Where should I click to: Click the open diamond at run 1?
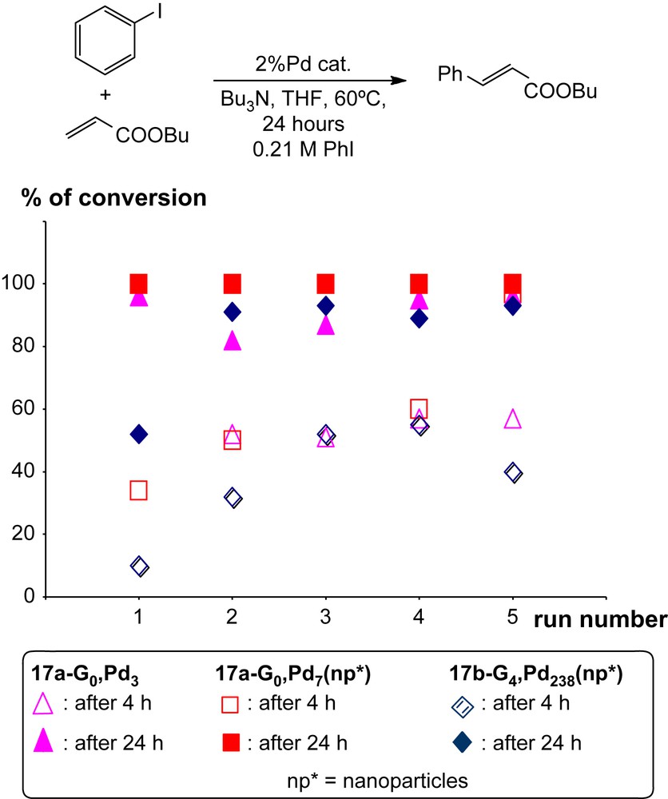click(139, 566)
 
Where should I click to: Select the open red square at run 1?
click(139, 490)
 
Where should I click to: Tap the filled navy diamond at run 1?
click(139, 434)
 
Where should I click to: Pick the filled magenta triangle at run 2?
click(233, 341)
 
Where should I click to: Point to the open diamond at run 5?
click(512, 473)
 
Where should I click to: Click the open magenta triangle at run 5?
click(512, 419)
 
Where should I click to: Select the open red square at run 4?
click(419, 409)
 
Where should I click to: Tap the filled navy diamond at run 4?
click(419, 318)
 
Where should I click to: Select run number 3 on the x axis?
click(325, 620)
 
